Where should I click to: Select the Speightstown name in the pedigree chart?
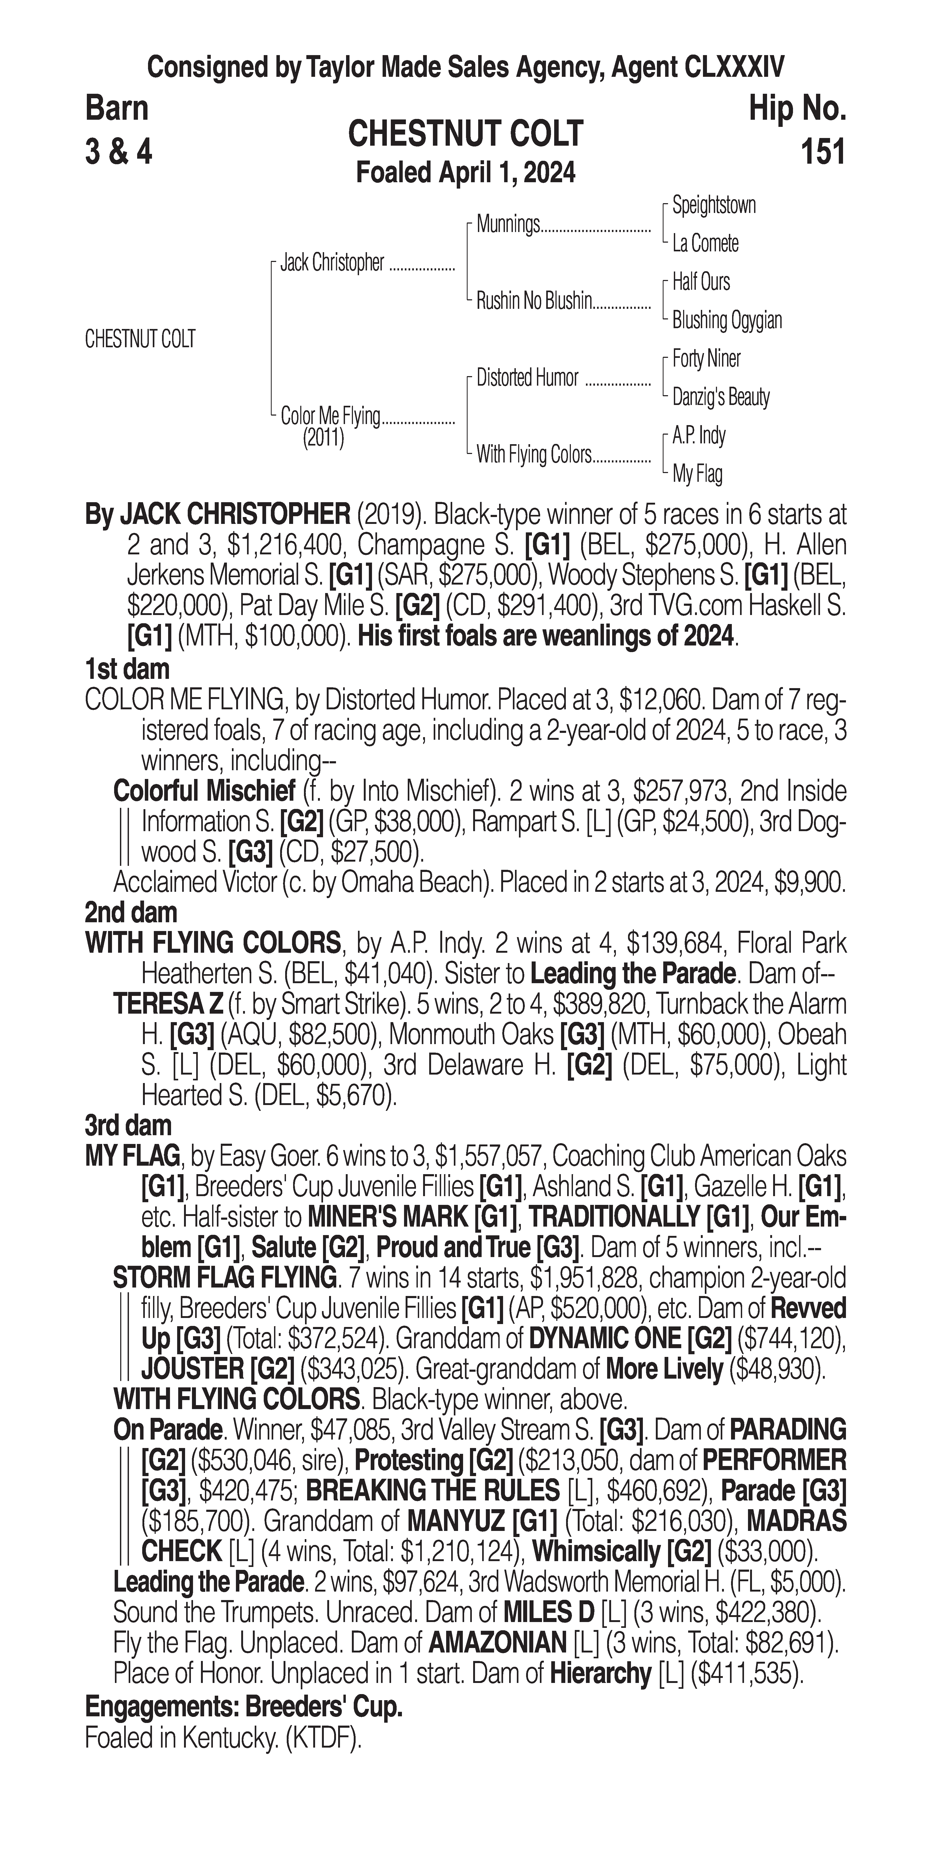click(x=714, y=205)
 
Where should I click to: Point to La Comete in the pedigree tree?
click(x=705, y=244)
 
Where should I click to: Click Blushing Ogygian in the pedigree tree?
click(x=727, y=320)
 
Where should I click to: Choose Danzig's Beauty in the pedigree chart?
click(x=721, y=397)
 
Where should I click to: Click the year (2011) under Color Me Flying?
click(x=323, y=438)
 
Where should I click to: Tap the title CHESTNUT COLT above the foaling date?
click(x=465, y=134)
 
